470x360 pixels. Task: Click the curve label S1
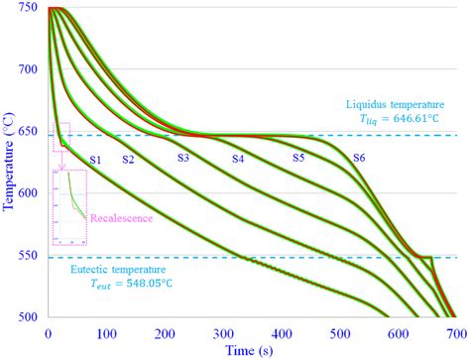click(96, 160)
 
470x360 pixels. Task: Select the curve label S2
click(128, 160)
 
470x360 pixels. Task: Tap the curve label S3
click(183, 158)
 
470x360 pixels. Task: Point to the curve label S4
click(238, 160)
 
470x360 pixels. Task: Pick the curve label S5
click(298, 159)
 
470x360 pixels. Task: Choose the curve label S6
click(358, 159)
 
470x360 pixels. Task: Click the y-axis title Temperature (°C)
click(9, 163)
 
